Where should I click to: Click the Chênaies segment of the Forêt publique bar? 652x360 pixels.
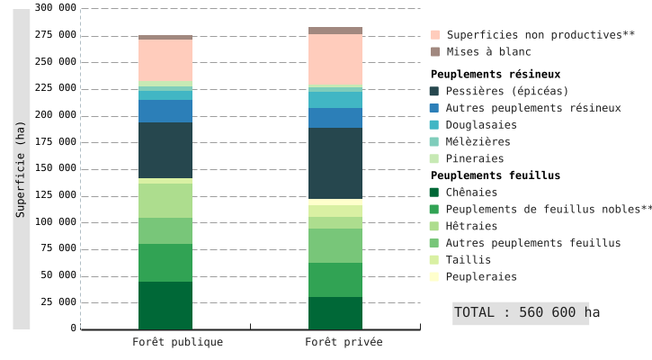(165, 305)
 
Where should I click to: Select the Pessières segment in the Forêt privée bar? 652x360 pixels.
(335, 163)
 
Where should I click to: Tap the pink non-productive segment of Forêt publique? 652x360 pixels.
(165, 59)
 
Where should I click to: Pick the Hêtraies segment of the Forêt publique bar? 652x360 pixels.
(165, 201)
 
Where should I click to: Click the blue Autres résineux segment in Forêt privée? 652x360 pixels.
(335, 118)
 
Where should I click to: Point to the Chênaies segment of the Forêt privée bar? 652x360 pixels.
(335, 313)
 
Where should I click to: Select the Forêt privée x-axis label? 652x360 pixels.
(344, 342)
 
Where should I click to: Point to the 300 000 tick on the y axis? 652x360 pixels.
(56, 8)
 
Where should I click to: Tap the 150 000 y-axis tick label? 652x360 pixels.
(56, 168)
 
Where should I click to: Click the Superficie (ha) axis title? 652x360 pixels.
(21, 169)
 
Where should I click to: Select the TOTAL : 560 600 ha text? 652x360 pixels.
(526, 312)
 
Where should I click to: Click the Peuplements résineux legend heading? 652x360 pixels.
(496, 74)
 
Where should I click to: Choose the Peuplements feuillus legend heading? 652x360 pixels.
(496, 175)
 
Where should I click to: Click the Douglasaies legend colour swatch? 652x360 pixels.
(435, 125)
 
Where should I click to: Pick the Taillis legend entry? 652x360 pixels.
(469, 260)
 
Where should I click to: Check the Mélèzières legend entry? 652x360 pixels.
(478, 141)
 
